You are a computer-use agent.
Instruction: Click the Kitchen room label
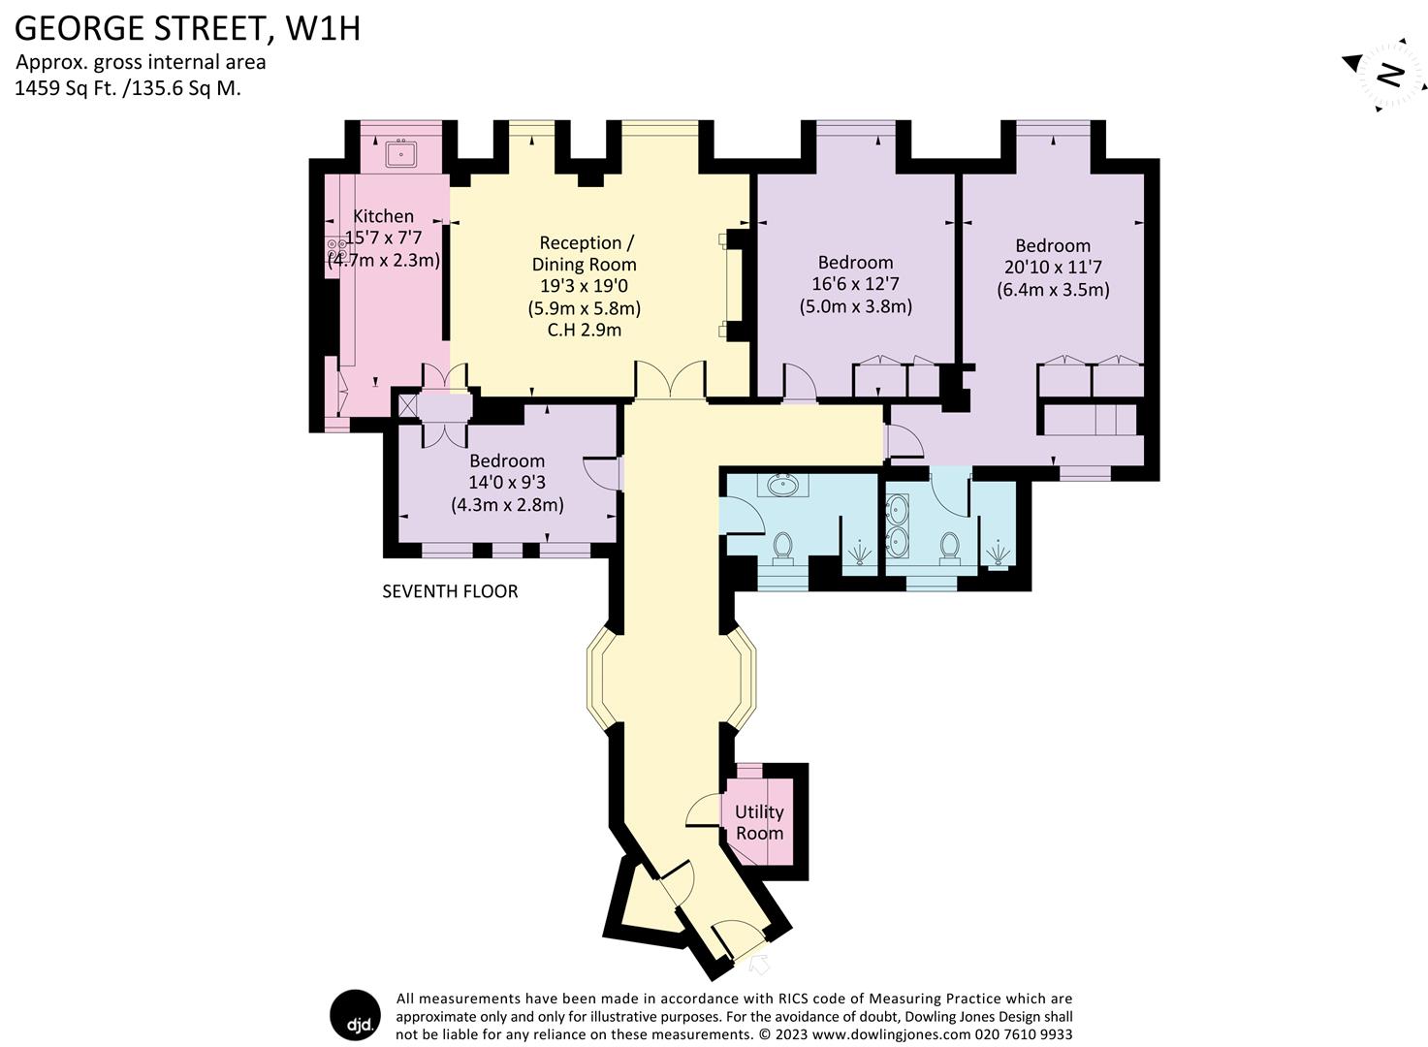click(x=383, y=216)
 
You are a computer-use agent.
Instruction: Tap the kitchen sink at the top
click(x=399, y=153)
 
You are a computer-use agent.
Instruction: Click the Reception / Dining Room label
click(x=584, y=253)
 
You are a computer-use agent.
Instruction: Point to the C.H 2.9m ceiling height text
click(x=584, y=330)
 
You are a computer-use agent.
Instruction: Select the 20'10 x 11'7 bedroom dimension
click(x=1053, y=268)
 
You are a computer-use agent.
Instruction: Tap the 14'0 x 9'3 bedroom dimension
click(x=507, y=483)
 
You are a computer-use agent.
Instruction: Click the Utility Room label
click(x=759, y=822)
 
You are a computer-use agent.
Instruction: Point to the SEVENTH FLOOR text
click(x=450, y=591)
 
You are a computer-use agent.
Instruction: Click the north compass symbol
click(x=1389, y=76)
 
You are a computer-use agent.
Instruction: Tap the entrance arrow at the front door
click(x=759, y=965)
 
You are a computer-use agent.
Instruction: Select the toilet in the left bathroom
click(x=782, y=548)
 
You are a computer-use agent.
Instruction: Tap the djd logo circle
click(x=355, y=1016)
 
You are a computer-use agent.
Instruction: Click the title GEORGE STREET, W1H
click(x=187, y=28)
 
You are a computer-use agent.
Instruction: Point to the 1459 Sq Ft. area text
click(x=128, y=87)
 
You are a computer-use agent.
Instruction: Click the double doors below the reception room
click(x=670, y=379)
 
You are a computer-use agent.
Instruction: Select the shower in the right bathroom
click(x=995, y=554)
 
